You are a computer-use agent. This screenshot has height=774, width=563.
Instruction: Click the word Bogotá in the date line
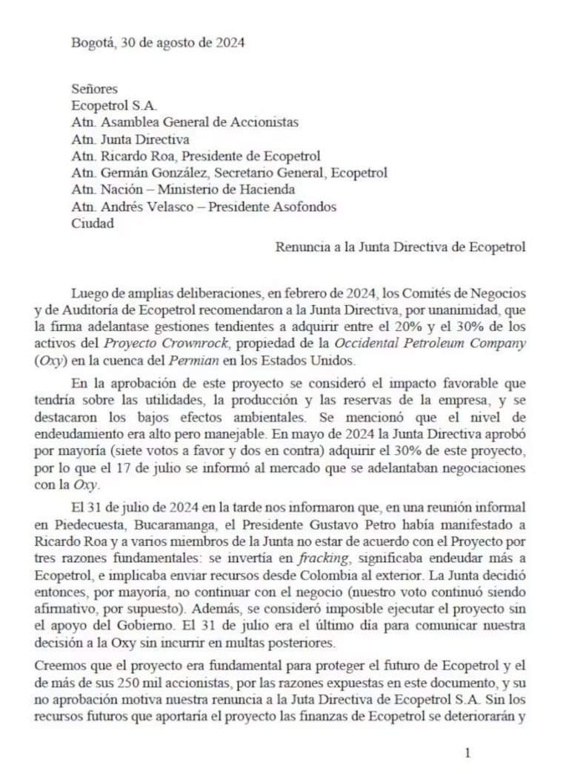91,42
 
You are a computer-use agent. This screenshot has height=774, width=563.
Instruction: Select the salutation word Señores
94,89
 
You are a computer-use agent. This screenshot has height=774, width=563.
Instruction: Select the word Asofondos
305,207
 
